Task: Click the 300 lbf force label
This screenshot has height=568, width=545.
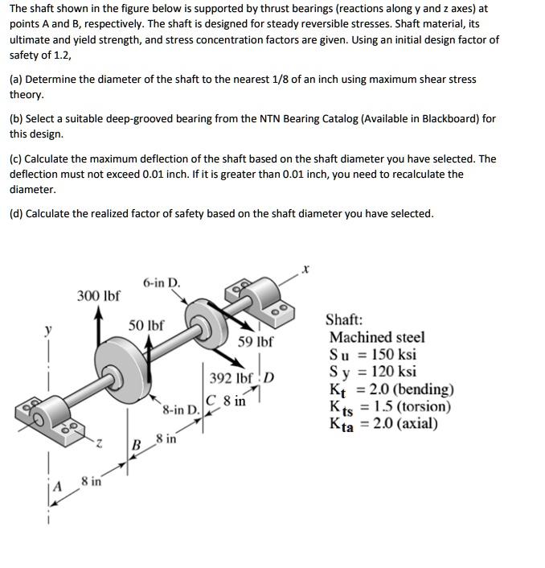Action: coord(98,295)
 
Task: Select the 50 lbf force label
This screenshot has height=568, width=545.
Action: coord(147,326)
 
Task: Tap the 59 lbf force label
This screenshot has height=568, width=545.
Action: coord(256,341)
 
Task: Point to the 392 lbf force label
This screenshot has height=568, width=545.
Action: coord(232,378)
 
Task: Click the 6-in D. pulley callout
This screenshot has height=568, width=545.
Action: coord(162,283)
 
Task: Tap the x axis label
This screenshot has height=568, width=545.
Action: coord(307,270)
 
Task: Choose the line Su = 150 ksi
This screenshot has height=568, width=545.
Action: coord(373,355)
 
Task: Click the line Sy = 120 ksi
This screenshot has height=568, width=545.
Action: coord(373,372)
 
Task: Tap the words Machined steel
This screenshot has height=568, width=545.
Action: coord(377,337)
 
